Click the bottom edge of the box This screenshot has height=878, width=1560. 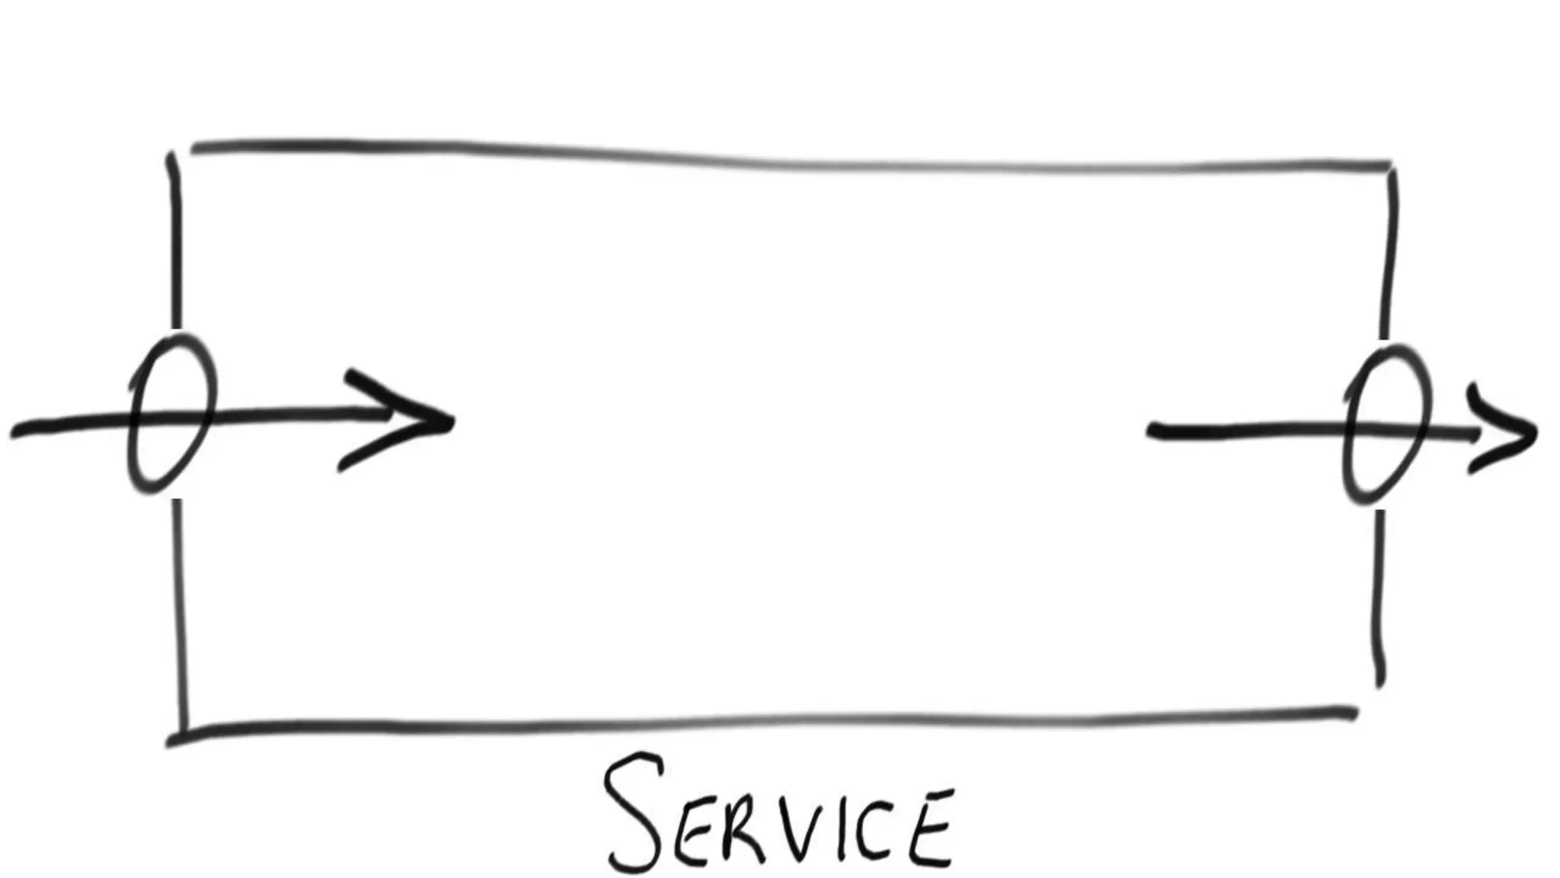(762, 722)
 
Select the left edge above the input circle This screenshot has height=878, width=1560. (176, 244)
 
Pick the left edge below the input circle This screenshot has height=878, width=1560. (180, 610)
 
